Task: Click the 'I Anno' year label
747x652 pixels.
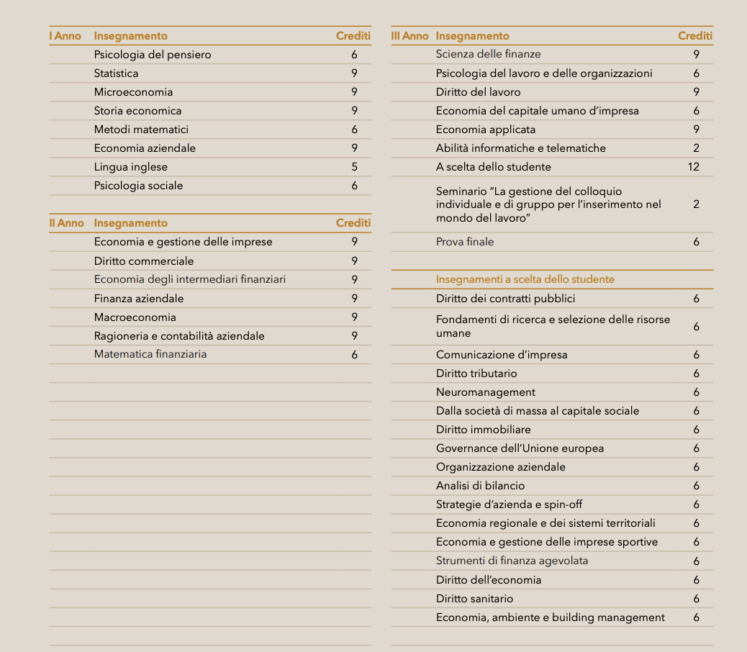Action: click(65, 36)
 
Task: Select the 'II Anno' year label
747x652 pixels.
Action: click(66, 223)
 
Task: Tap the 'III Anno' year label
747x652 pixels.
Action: click(409, 36)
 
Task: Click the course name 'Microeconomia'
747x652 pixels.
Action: click(133, 92)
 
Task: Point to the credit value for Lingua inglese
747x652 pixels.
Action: click(355, 167)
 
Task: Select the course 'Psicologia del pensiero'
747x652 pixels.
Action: click(153, 55)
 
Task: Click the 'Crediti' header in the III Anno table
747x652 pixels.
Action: click(695, 36)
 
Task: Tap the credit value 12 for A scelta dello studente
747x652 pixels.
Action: click(694, 167)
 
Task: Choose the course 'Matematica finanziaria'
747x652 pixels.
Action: click(150, 354)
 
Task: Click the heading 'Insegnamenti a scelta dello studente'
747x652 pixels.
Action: click(525, 279)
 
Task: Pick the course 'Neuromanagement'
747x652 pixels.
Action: click(486, 392)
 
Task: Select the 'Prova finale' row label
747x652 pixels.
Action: click(465, 242)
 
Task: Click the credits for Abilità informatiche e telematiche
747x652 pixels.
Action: click(697, 148)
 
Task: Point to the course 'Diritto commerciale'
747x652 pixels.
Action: click(144, 261)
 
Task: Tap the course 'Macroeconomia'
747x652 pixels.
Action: click(135, 317)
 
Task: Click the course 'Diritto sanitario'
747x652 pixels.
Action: click(475, 599)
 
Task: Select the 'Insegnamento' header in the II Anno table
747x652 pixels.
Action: click(130, 223)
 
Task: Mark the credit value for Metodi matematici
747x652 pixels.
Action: click(355, 130)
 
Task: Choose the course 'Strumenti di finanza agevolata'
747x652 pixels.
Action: click(507, 561)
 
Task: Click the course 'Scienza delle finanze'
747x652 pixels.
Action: click(488, 54)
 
